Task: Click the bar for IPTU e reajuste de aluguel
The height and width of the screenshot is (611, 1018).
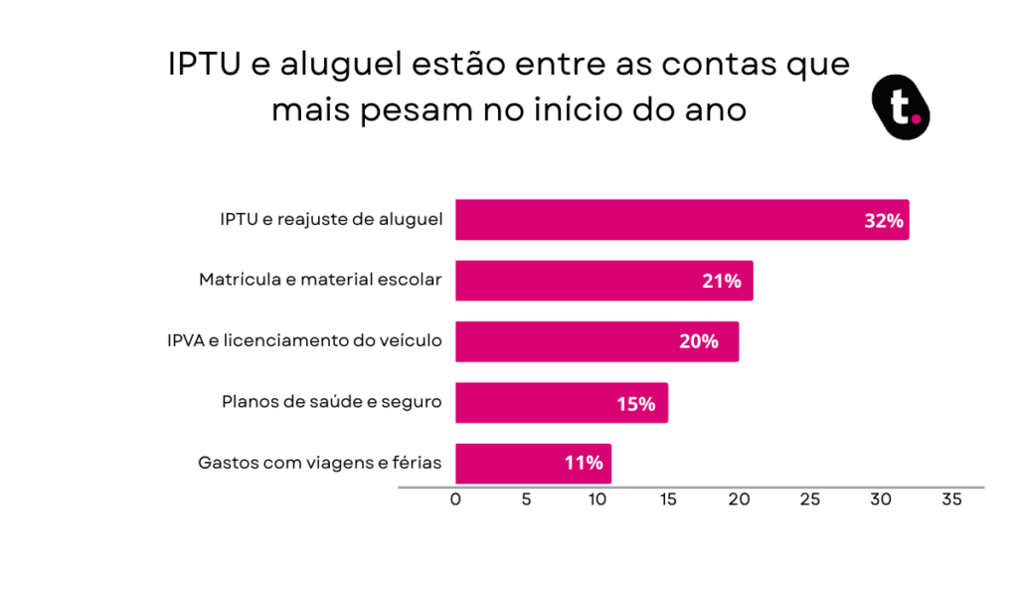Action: (682, 220)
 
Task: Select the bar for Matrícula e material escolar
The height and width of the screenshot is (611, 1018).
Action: (603, 281)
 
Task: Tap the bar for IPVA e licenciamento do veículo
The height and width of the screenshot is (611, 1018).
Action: (596, 341)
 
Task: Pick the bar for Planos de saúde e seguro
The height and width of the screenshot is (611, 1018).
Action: (562, 403)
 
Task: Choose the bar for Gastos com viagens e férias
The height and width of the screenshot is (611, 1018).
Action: (533, 464)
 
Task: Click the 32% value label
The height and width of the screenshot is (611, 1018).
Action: (884, 221)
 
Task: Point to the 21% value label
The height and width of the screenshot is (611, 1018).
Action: (722, 281)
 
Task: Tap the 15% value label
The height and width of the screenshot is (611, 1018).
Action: (635, 404)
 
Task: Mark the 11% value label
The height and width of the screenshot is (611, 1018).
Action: (584, 463)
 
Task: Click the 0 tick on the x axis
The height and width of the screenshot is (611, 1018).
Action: (455, 500)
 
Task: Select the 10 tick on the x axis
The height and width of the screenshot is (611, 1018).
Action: (597, 500)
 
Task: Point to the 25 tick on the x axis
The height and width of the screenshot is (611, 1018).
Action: (809, 500)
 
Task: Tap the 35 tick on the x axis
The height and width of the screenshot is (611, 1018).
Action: (951, 500)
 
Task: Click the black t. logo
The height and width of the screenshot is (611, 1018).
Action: (901, 107)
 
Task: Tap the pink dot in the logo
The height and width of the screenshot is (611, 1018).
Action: (916, 119)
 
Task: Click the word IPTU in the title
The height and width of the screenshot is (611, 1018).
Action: (204, 65)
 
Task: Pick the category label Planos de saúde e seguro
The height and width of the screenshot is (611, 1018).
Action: (332, 402)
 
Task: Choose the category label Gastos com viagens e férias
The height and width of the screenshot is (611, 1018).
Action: (319, 463)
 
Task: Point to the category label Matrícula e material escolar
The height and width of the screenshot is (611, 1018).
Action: (320, 280)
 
